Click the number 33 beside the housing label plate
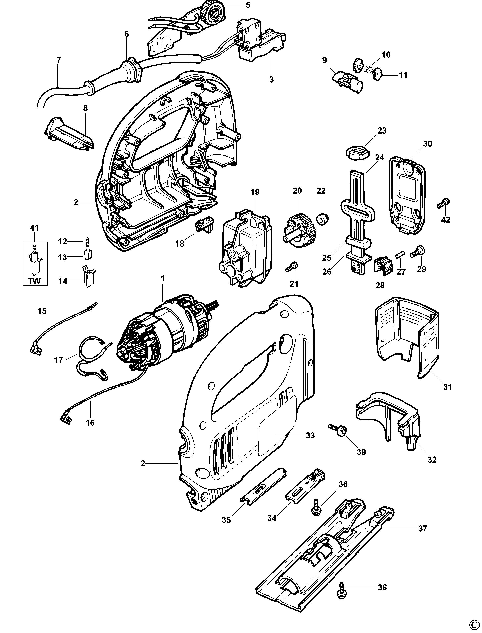click(x=310, y=435)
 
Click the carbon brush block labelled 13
click(x=88, y=254)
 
